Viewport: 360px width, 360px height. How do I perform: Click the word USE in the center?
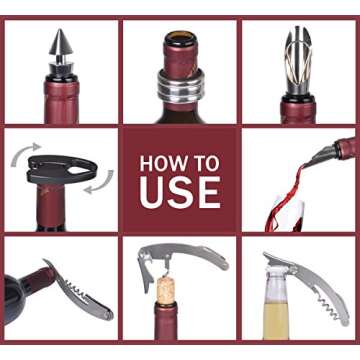click(x=180, y=191)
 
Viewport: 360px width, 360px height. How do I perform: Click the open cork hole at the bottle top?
click(x=180, y=41)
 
